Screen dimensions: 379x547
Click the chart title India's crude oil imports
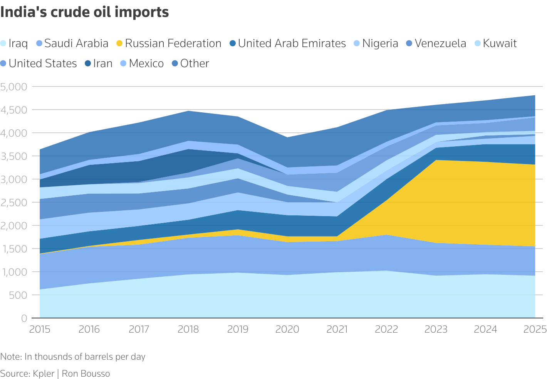84,12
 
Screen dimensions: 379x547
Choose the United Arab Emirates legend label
292,43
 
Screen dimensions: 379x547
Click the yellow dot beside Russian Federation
119,44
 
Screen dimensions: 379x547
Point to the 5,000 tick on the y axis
14,87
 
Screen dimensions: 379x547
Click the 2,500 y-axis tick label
14,203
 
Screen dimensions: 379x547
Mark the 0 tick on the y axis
24,318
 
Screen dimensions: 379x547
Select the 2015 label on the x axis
40,329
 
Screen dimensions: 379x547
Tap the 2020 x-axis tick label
288,329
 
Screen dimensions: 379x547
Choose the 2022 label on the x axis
387,329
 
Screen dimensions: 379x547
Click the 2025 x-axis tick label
535,329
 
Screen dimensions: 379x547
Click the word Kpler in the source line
44,374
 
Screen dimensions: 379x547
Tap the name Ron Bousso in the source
86,374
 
